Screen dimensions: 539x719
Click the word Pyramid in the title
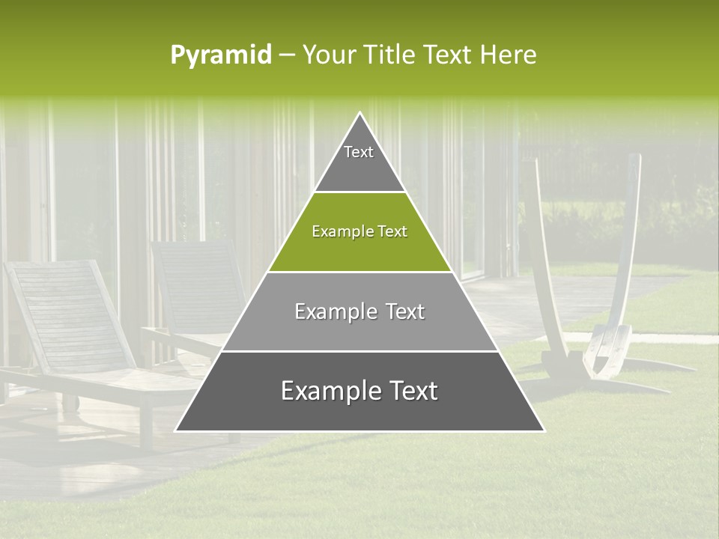pos(220,55)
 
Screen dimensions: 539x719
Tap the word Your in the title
pos(330,55)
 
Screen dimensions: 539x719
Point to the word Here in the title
pos(508,55)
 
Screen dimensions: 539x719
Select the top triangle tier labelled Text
pos(359,161)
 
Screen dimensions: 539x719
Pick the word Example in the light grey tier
pos(334,311)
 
